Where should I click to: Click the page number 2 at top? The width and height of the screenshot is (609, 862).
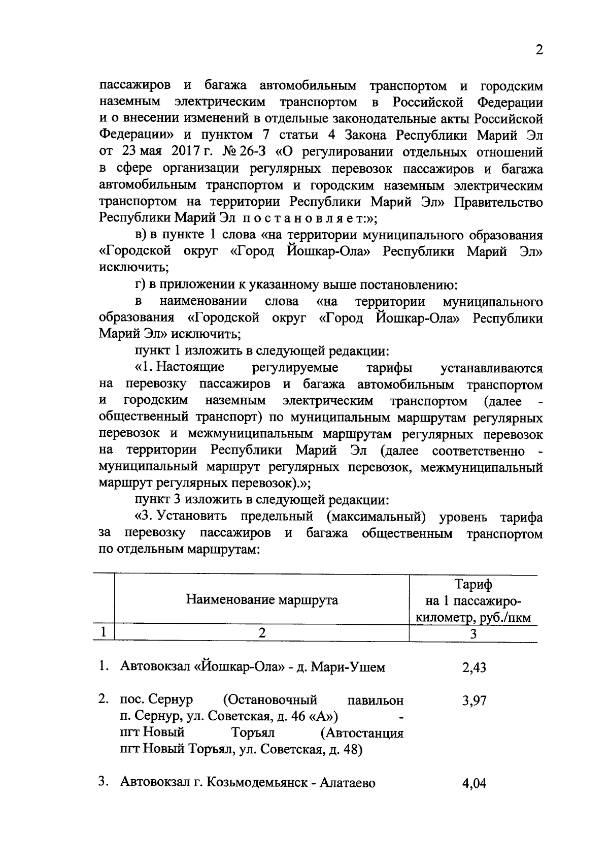539,50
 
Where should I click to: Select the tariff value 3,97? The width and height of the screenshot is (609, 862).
473,701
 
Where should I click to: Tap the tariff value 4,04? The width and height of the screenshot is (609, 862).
473,783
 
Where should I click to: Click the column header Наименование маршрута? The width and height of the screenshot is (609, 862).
262,600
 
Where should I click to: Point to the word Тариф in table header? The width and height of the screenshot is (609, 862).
473,585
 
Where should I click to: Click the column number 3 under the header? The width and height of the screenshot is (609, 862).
473,634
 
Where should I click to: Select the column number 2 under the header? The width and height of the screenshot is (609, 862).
262,633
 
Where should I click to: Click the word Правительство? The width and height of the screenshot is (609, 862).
498,202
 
